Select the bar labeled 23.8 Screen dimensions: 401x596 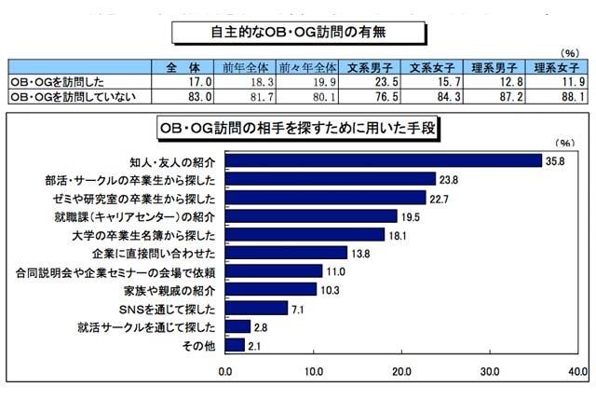point(331,179)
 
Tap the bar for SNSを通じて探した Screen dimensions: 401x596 point(256,308)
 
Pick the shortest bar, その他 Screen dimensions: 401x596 point(235,345)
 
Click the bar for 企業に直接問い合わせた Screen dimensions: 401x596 point(286,253)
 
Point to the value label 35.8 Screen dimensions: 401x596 point(557,160)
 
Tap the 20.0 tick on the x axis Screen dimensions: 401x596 point(402,372)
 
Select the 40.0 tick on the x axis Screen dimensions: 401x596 point(578,372)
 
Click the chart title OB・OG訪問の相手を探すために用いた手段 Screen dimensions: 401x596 point(298,126)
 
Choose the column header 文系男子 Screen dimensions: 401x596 point(368,67)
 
